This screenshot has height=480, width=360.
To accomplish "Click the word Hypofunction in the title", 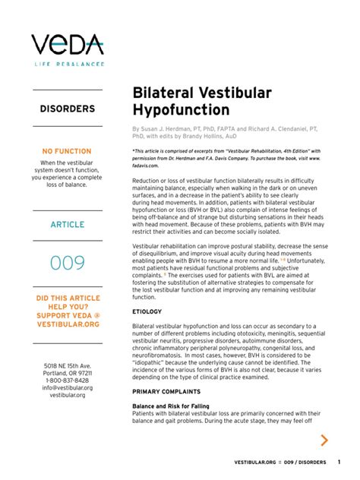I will point(183,110).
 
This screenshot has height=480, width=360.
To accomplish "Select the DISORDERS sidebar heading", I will point(67,109).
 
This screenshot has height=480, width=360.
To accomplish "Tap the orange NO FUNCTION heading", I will point(67,152).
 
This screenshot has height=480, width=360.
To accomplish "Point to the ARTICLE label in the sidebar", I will point(67,225).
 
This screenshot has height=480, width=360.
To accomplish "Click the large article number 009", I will point(67,263).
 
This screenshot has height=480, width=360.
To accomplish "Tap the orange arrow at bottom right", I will point(324,440).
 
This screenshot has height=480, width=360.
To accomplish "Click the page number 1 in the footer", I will point(339,463).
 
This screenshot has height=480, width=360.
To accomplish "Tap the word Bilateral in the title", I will point(162,92).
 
